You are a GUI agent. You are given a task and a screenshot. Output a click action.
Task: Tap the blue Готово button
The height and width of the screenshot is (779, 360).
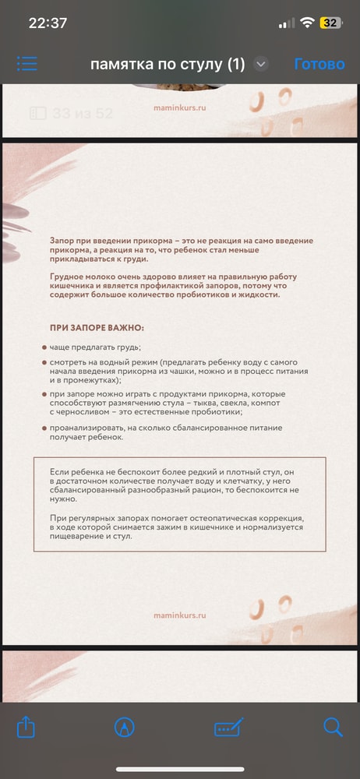pos(319,64)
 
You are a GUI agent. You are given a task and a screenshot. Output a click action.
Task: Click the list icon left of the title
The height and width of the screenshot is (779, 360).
pos(27,64)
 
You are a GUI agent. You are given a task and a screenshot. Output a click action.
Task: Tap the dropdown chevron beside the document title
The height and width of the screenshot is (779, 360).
pos(261,64)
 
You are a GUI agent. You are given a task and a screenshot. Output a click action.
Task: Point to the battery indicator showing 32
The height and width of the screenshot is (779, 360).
pos(330,23)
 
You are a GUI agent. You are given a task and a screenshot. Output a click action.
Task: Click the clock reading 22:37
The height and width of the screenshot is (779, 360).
pos(48,23)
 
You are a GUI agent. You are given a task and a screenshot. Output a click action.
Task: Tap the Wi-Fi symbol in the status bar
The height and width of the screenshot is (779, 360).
pos(307,23)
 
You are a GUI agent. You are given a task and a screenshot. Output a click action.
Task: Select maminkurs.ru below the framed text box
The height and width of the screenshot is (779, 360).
pos(180,615)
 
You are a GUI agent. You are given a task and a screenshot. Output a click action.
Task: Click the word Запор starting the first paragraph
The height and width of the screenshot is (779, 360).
pos(63,242)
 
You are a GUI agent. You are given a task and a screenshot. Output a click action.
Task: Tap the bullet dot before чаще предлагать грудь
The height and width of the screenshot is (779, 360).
pos(44,347)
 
